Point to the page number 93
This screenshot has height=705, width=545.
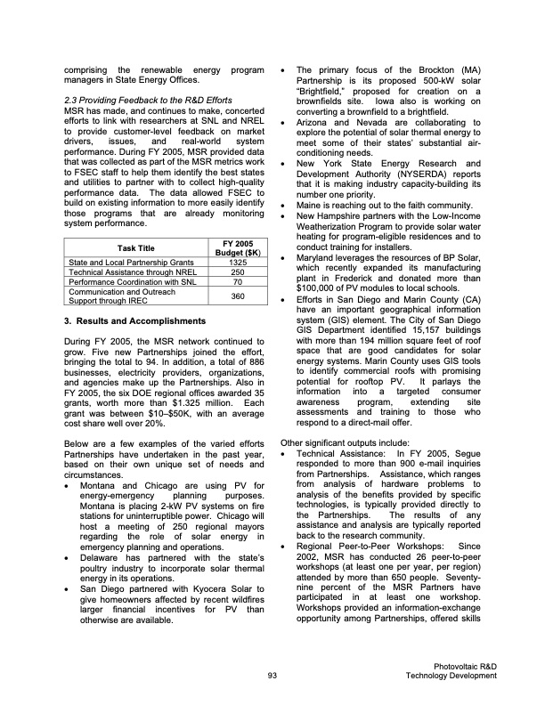(272, 676)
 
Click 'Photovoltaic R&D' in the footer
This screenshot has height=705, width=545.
(465, 666)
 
